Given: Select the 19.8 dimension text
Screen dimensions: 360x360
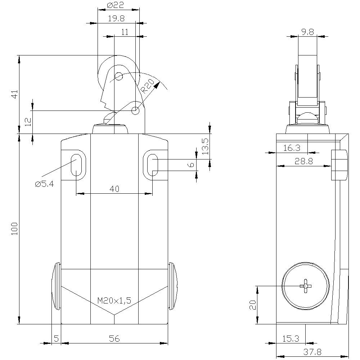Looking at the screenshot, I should pos(116,19).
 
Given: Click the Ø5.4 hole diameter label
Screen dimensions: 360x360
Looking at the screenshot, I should pos(44,184).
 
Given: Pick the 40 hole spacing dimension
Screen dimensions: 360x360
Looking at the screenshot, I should pos(114,189).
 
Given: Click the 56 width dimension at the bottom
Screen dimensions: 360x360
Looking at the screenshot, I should pos(114,338).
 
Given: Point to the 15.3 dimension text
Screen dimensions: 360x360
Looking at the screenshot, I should pos(291,338).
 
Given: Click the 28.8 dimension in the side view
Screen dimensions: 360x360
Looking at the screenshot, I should pos(303,161).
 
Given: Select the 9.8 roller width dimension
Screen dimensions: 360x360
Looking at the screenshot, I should pos(307,32).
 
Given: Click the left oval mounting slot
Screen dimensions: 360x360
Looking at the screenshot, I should pos(76,165).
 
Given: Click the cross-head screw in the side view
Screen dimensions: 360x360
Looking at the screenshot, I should pos(306,286).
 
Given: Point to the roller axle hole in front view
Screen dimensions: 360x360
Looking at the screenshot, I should pos(118,76).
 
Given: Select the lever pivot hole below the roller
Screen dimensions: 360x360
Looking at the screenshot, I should pos(135,111).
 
